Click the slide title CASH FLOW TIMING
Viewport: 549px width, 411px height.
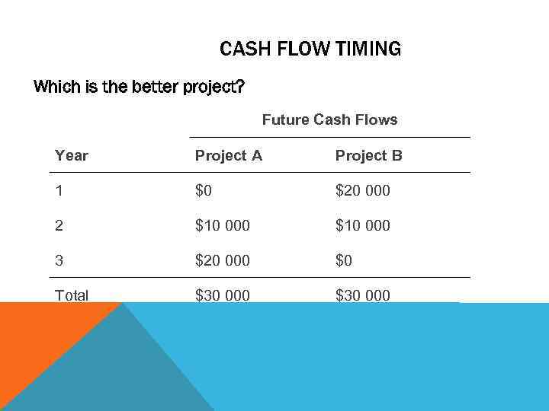click(310, 49)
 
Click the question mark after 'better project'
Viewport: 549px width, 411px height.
click(240, 87)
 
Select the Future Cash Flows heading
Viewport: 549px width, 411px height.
click(329, 119)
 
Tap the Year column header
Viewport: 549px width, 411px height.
click(72, 155)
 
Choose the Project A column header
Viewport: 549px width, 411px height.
click(228, 155)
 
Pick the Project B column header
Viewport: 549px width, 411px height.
click(368, 155)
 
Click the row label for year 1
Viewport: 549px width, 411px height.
click(59, 190)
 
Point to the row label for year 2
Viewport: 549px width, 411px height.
click(59, 225)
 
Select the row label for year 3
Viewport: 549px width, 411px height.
click(59, 260)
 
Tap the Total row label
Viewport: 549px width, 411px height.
click(72, 295)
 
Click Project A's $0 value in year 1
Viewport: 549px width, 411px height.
click(204, 190)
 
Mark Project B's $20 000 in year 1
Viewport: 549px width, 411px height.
click(362, 190)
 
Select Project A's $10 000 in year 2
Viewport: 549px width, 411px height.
click(222, 225)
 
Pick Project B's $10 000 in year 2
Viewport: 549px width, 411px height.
click(362, 225)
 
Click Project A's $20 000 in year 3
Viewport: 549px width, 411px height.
click(222, 260)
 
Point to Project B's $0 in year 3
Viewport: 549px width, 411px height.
click(344, 260)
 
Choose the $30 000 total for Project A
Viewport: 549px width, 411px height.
click(222, 295)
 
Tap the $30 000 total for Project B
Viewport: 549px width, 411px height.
click(362, 295)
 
